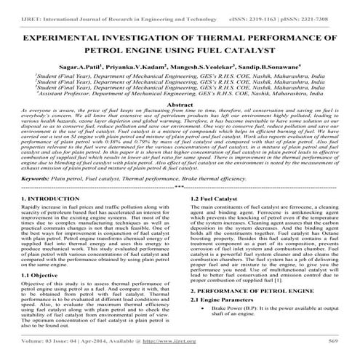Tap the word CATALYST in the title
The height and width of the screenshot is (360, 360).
tap(247, 51)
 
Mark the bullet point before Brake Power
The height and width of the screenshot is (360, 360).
tap(209, 329)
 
